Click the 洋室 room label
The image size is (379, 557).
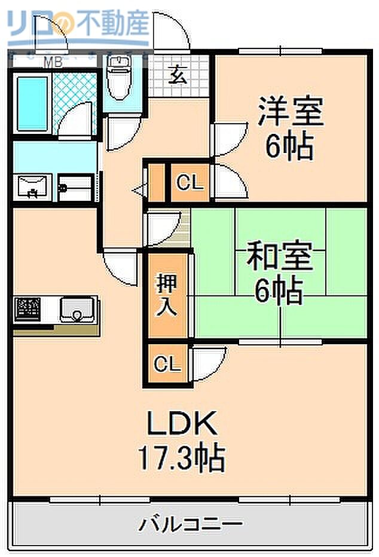click(291, 112)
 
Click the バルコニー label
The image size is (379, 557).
click(191, 525)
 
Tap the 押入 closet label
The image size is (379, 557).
click(167, 295)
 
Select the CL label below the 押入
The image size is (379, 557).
click(167, 364)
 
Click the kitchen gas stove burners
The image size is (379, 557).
click(28, 308)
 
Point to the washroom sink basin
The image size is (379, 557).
click(33, 186)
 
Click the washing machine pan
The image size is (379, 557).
click(75, 188)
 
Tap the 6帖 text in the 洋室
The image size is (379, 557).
click(289, 146)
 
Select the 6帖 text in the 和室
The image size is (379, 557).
click(279, 292)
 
